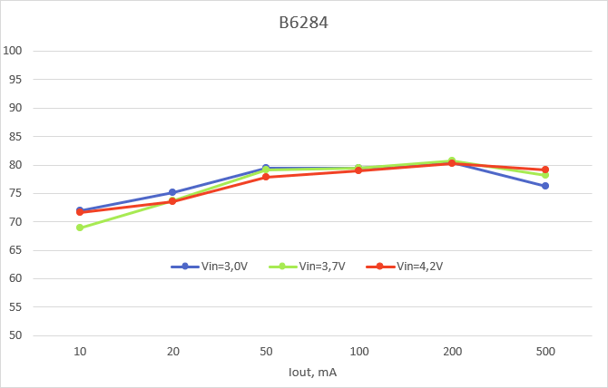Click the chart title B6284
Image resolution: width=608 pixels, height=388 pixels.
303,23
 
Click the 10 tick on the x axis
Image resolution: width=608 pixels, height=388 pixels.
80,350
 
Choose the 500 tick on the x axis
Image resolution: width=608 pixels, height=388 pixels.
545,350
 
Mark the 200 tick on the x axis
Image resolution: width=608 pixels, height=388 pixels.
452,350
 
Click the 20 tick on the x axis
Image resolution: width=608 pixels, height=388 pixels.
172,350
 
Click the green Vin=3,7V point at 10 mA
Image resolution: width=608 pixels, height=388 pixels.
80,228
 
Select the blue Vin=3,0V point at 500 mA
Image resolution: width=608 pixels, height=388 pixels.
545,186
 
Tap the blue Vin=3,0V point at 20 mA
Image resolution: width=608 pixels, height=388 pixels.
172,192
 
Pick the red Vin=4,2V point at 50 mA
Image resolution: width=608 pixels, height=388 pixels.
266,177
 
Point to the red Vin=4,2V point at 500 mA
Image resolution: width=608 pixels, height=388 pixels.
545,170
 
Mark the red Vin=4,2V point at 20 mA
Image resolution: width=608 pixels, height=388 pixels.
172,201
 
